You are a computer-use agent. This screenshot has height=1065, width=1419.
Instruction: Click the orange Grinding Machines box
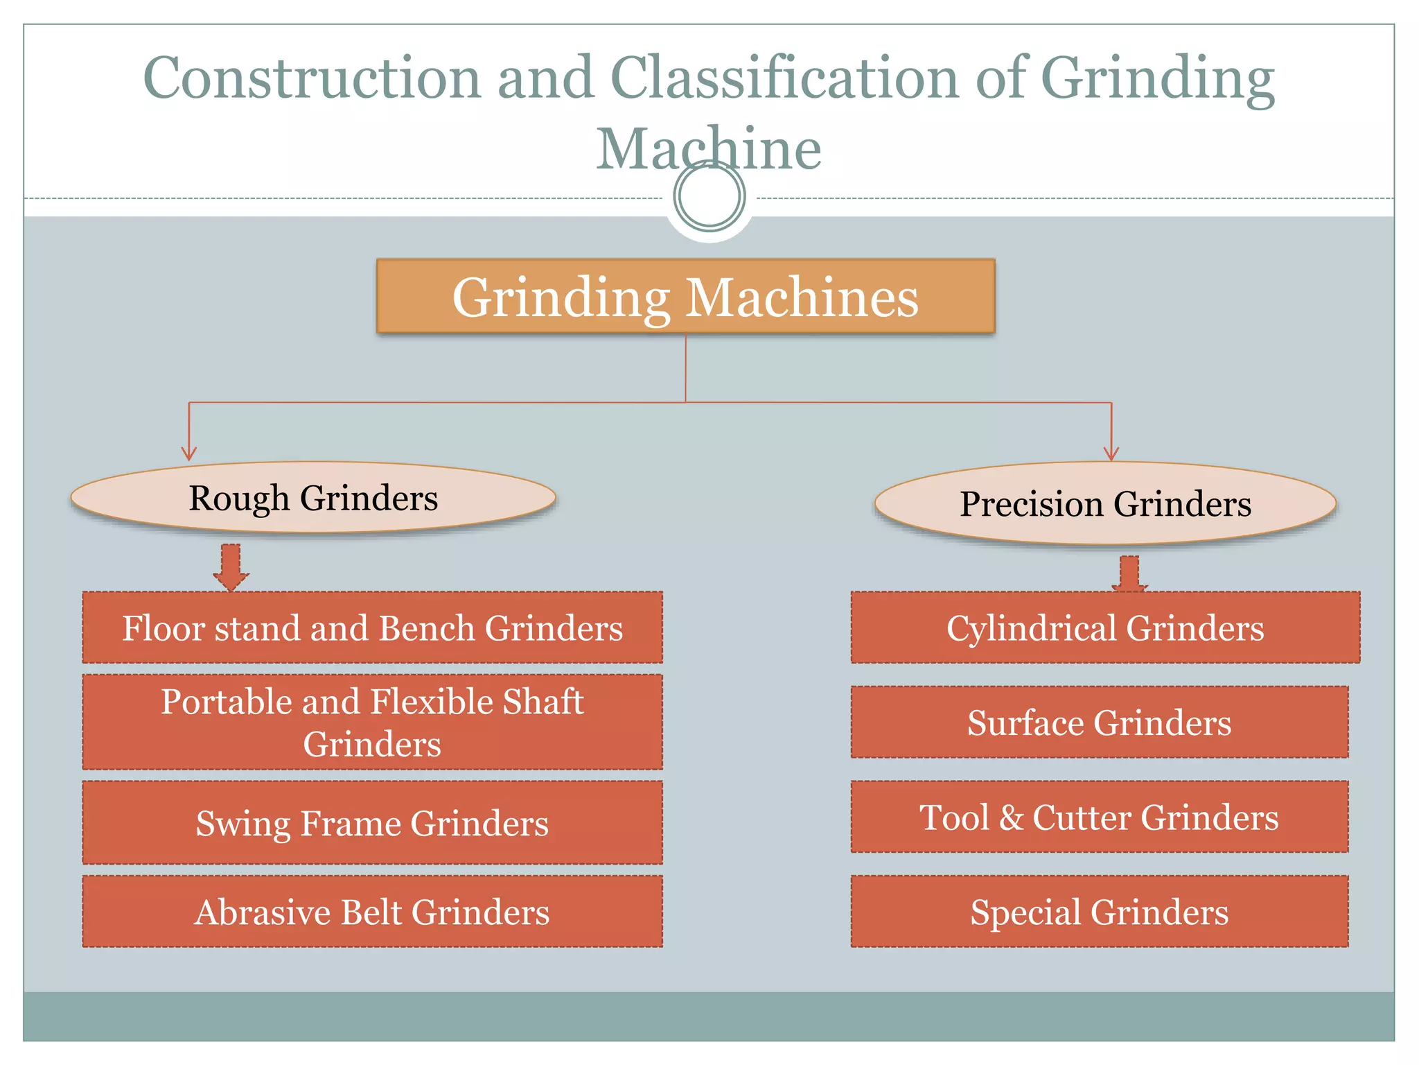pyautogui.click(x=685, y=296)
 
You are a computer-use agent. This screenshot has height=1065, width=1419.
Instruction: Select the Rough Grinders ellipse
pyautogui.click(x=313, y=498)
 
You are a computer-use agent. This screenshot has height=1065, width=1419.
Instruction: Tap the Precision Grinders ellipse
pyautogui.click(x=1105, y=503)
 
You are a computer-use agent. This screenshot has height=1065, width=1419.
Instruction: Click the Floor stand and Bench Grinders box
pyautogui.click(x=373, y=627)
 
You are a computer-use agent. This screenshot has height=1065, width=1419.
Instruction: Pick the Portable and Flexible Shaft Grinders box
pyautogui.click(x=373, y=722)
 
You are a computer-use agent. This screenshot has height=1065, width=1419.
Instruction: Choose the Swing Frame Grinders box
pyautogui.click(x=373, y=822)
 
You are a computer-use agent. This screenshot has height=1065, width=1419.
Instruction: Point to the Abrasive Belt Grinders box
pyautogui.click(x=373, y=911)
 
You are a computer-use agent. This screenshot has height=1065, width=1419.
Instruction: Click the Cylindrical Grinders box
pyautogui.click(x=1105, y=627)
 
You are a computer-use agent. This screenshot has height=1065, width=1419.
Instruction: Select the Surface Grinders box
pyautogui.click(x=1100, y=722)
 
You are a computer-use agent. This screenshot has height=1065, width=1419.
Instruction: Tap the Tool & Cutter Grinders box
pyautogui.click(x=1100, y=817)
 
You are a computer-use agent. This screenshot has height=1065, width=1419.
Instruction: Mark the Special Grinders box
pyautogui.click(x=1100, y=911)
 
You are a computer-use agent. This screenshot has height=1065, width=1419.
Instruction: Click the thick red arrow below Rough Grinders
pyautogui.click(x=231, y=566)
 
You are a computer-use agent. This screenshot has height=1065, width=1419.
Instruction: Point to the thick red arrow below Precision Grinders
pyautogui.click(x=1129, y=573)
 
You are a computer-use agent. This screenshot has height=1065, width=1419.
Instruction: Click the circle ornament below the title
pyautogui.click(x=709, y=196)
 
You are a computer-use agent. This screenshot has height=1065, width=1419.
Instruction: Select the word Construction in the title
pyautogui.click(x=312, y=78)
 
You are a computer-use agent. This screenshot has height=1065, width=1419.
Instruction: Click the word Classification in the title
pyautogui.click(x=784, y=78)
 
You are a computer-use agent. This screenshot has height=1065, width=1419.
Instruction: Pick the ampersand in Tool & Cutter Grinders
pyautogui.click(x=1012, y=817)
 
